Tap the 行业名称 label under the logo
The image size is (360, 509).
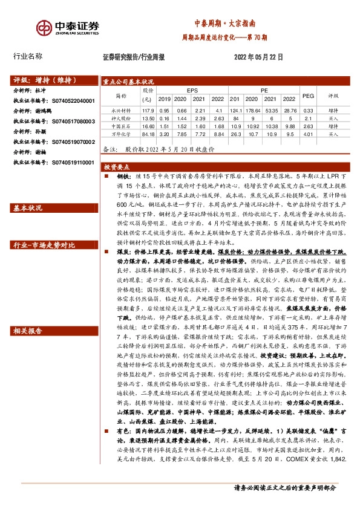pyautogui.click(x=28, y=56)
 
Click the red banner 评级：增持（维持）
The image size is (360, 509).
pyautogui.click(x=41, y=80)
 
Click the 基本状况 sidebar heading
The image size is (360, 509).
pyautogui.click(x=28, y=209)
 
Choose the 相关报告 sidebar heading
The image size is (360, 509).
pyautogui.click(x=28, y=331)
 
